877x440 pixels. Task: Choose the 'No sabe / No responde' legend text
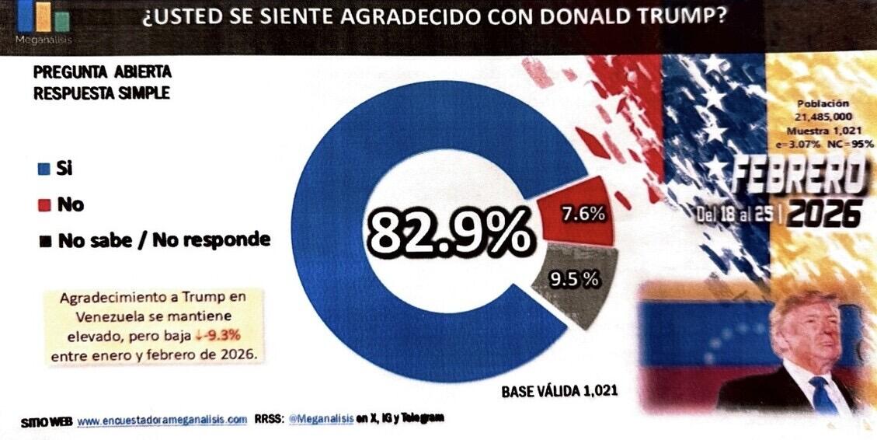pyautogui.click(x=164, y=239)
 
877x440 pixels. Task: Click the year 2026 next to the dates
pyautogui.click(x=823, y=212)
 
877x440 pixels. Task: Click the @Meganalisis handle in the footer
pyautogui.click(x=321, y=418)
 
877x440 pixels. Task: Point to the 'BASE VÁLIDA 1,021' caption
pyautogui.click(x=559, y=391)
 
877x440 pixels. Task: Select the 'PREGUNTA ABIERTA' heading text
pyautogui.click(x=102, y=72)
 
